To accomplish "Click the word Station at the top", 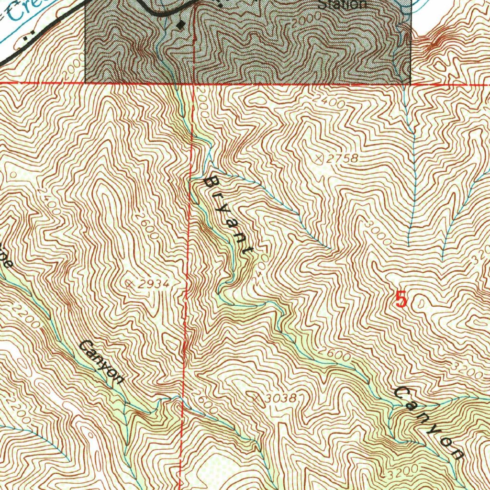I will point(343,5).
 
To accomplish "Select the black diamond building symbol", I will point(180,24).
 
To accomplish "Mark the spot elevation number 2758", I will point(343,158).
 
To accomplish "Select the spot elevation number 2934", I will point(152,284).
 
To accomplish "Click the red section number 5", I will point(401,301).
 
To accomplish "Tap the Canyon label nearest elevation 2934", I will point(101,362).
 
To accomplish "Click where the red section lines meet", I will point(193,84).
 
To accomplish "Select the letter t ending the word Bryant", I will point(248,250).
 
